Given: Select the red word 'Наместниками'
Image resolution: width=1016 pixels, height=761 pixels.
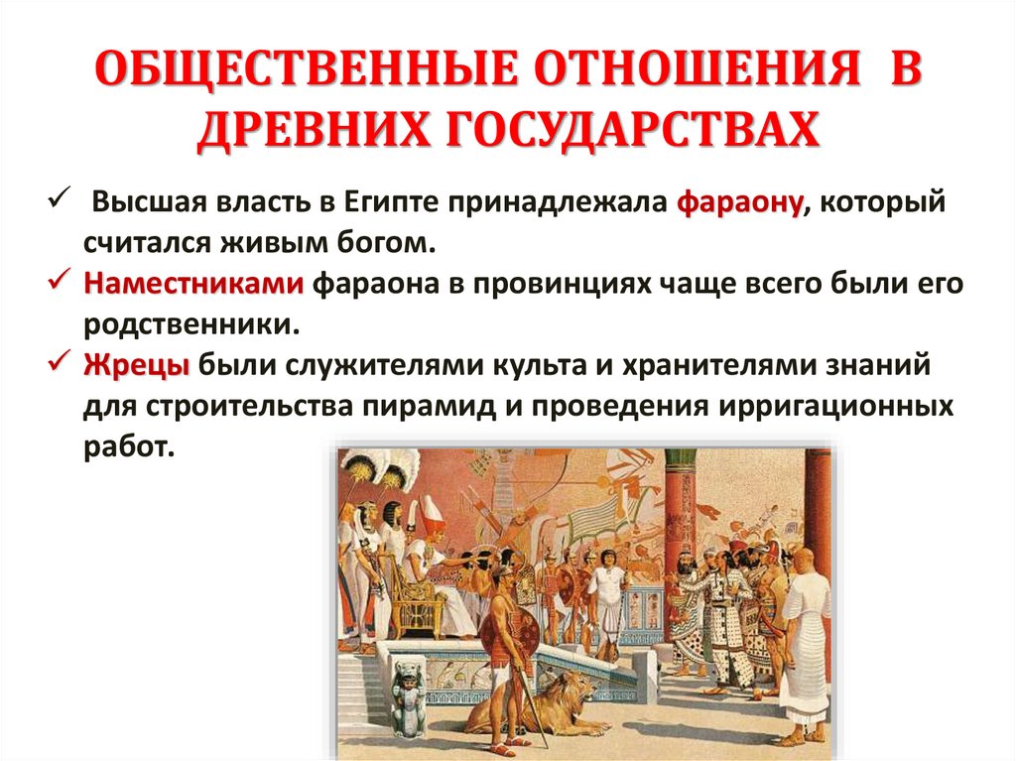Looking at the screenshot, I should pyautogui.click(x=193, y=284).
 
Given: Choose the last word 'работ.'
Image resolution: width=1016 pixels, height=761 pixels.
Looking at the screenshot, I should pyautogui.click(x=128, y=446).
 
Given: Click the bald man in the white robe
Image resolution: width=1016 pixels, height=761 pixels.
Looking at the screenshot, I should pyautogui.click(x=804, y=635).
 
